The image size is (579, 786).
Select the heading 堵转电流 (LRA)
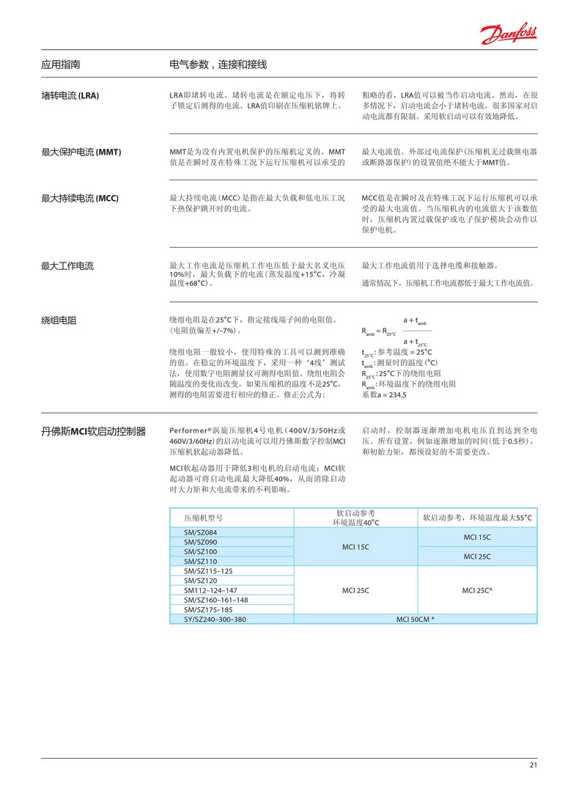point(70,96)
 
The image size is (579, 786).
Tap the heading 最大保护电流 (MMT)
point(81,152)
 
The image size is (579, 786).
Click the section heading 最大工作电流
point(67,265)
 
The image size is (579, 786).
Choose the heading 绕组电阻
point(59,320)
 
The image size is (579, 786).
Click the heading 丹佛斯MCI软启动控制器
point(93,431)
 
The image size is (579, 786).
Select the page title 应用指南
point(61,65)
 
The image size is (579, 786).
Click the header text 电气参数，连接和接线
point(218,65)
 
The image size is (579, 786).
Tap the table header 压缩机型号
point(203,517)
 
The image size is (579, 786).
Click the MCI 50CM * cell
point(415,619)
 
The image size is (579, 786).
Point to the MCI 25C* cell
point(477,589)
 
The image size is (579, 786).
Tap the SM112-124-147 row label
point(210,589)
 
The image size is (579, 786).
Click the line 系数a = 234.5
point(383,394)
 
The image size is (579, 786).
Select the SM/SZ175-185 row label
point(208,609)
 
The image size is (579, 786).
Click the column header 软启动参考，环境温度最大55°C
point(477,517)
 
